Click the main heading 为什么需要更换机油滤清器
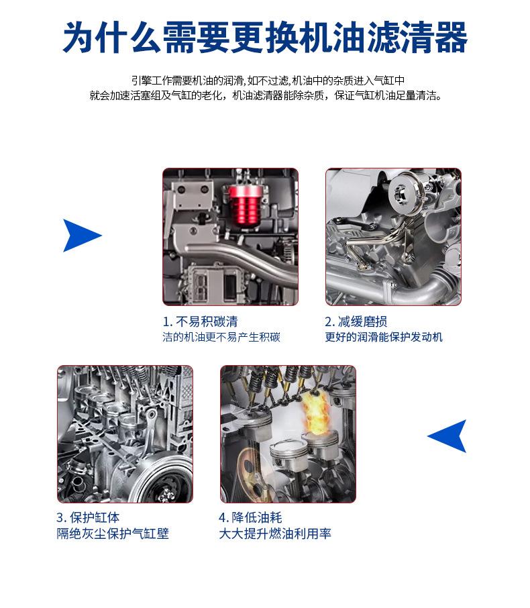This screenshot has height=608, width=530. click(265, 37)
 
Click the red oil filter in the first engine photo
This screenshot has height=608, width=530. click(243, 206)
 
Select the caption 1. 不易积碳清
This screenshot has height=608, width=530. click(200, 321)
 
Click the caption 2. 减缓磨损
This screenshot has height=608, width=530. click(356, 321)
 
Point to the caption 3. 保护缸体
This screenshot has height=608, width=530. click(88, 517)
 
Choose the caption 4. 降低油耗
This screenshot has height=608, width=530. click(250, 517)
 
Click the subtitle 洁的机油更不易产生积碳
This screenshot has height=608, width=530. click(221, 337)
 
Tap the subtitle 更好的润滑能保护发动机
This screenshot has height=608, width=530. click(384, 337)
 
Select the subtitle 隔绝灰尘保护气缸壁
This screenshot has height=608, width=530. click(113, 534)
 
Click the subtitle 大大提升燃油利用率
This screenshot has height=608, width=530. click(275, 534)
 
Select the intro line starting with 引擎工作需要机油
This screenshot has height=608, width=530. click(268, 81)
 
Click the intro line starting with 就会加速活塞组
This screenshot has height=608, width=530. click(266, 95)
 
